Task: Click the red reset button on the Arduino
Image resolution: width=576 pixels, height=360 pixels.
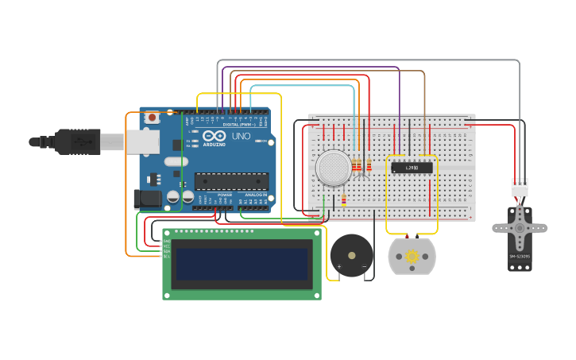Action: pyautogui.click(x=151, y=118)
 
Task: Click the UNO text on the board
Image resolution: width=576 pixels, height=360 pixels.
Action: pyautogui.click(x=241, y=136)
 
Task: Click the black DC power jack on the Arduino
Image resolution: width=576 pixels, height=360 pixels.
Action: pyautogui.click(x=148, y=199)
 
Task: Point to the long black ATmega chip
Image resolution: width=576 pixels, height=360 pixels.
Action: pyautogui.click(x=231, y=181)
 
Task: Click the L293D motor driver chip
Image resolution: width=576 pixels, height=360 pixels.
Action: pyautogui.click(x=412, y=168)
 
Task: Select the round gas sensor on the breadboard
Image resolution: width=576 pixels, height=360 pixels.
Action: pyautogui.click(x=334, y=168)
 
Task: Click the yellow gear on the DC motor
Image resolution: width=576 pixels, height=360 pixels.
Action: pyautogui.click(x=412, y=257)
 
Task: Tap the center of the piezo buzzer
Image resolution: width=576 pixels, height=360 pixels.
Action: pyautogui.click(x=351, y=255)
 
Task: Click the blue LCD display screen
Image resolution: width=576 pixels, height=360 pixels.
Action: pyautogui.click(x=242, y=265)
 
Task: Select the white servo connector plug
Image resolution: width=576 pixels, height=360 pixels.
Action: pyautogui.click(x=519, y=188)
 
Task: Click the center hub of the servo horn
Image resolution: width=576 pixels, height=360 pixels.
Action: pyautogui.click(x=520, y=228)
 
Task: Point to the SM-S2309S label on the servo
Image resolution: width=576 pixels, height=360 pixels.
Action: pyautogui.click(x=520, y=257)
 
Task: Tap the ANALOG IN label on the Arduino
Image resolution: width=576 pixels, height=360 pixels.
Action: pyautogui.click(x=255, y=195)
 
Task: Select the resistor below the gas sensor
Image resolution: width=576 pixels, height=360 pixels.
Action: pyautogui.click(x=343, y=199)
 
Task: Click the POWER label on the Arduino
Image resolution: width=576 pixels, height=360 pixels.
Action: pyautogui.click(x=225, y=195)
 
